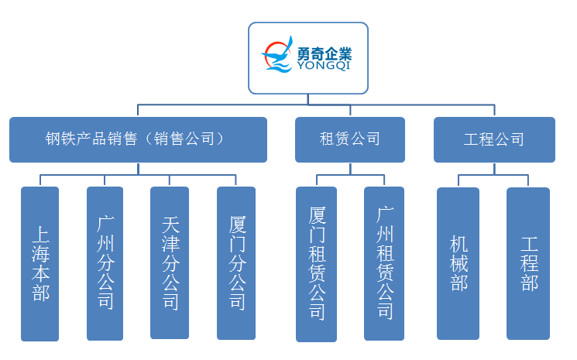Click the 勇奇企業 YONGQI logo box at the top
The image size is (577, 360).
coord(308,58)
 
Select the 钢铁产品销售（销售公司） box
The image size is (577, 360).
coord(138,139)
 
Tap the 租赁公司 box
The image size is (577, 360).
coord(350,139)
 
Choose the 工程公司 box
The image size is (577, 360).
coord(494,139)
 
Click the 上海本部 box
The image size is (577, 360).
coord(39,264)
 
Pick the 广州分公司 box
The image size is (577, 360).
coord(105,263)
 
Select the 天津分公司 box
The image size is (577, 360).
coord(170,262)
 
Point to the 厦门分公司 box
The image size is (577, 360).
coord(236,263)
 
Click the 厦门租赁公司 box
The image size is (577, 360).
coord(317,264)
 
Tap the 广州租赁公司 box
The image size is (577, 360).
coord(384,263)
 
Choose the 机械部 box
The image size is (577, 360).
coord(459,263)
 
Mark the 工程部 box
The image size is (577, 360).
coord(528,263)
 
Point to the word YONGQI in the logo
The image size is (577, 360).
coord(324,66)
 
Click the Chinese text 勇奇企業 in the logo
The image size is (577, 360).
coord(325,54)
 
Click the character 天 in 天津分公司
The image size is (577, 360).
coord(170,225)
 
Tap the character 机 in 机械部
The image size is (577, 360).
coord(459,244)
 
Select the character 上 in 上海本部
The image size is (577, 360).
coord(40,235)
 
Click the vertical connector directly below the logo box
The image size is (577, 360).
coord(308,99)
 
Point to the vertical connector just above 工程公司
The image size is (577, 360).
coord(494,111)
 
